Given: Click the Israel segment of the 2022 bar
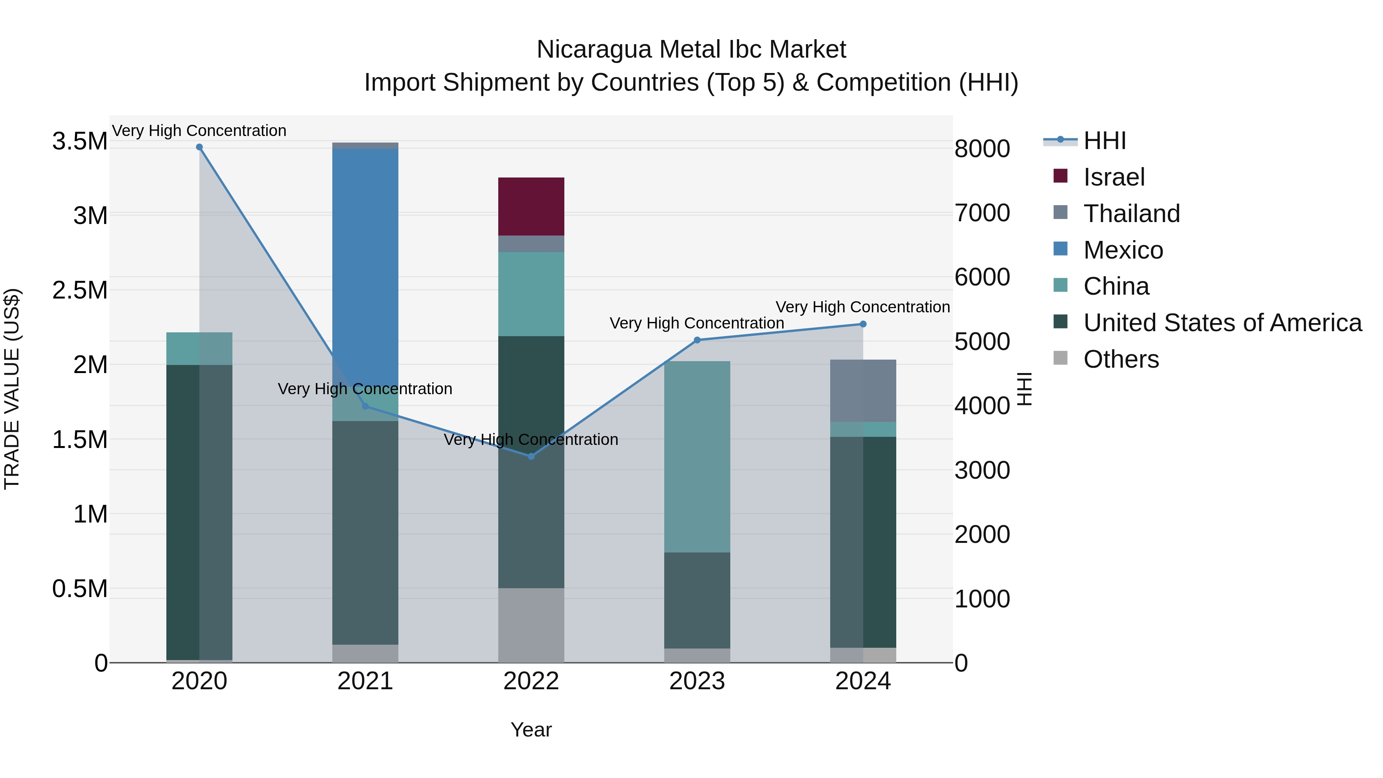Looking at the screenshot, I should coord(531,206).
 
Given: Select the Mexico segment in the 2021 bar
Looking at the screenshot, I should coord(365,258).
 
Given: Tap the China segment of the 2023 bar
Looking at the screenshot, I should coord(697,456).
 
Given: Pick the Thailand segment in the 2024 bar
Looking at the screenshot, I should coord(863,390).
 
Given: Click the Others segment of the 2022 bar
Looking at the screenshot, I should coord(531,625).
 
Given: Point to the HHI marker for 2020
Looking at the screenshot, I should coord(199,147).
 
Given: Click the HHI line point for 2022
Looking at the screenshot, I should coord(531,456).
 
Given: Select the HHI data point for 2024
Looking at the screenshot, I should coord(863,324).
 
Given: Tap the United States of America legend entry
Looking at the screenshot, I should coord(1222,323).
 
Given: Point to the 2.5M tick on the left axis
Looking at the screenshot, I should coord(80,290).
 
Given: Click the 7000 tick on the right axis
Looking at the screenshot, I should coord(982,213).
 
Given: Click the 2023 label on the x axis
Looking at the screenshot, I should coord(697,681).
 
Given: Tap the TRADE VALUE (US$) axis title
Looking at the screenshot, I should coord(12,389).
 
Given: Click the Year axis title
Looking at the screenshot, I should coord(531,730).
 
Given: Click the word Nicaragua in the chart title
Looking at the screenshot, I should coord(594,50).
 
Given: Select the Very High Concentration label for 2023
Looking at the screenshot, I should coord(696,323).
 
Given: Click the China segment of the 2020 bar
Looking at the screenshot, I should coord(199,348).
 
